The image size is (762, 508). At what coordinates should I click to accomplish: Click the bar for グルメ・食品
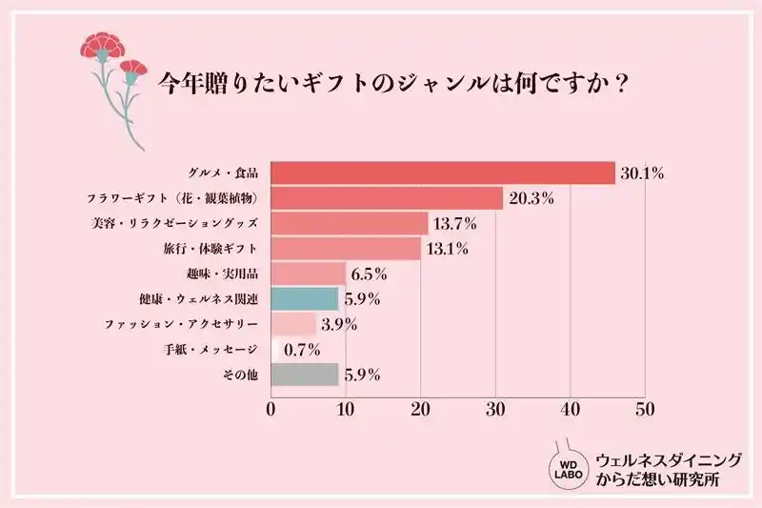pyautogui.click(x=443, y=173)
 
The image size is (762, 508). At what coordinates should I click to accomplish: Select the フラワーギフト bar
pyautogui.click(x=387, y=198)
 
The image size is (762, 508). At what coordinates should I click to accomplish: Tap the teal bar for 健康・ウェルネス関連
pyautogui.click(x=305, y=299)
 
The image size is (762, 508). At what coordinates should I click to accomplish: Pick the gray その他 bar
pyautogui.click(x=305, y=375)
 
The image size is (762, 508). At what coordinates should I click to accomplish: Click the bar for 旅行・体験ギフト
pyautogui.click(x=346, y=249)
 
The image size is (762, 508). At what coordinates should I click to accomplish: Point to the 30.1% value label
pyautogui.click(x=642, y=173)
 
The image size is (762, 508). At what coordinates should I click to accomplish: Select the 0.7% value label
pyautogui.click(x=302, y=350)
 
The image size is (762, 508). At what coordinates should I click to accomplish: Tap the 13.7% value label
pyautogui.click(x=455, y=224)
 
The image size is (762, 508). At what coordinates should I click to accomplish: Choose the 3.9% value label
pyautogui.click(x=339, y=325)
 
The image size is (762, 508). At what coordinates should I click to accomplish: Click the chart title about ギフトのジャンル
pyautogui.click(x=391, y=83)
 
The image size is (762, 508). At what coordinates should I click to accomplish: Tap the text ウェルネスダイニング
pyautogui.click(x=668, y=459)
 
